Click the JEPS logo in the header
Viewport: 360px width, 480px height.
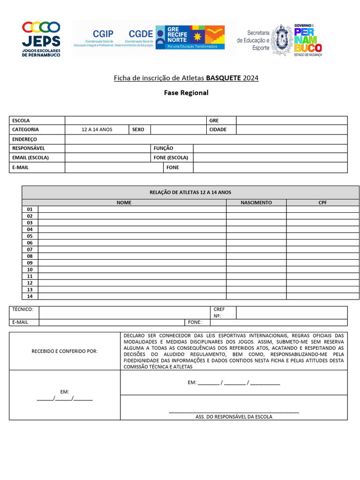[x=42, y=38]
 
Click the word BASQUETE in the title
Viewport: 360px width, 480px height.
[x=223, y=78]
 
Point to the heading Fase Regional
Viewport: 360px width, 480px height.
[x=186, y=93]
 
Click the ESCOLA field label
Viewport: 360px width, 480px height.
[x=21, y=120]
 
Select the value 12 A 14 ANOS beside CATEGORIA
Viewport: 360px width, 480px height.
[x=97, y=129]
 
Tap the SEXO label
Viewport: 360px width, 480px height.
[x=138, y=129]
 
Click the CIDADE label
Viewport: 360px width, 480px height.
[x=218, y=129]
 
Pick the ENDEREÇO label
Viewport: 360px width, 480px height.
[x=24, y=139]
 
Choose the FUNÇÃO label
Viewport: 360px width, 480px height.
[x=163, y=148]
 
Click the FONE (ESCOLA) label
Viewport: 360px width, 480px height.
[x=171, y=157]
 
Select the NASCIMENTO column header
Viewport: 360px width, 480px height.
[x=256, y=202]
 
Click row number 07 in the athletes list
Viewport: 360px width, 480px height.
[x=30, y=249]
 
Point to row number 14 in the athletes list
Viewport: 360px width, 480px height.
[x=30, y=296]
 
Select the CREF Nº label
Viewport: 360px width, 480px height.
[x=219, y=313]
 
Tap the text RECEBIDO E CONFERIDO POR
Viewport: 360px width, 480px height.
[x=65, y=351]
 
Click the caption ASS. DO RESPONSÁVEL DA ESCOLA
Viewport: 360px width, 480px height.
[x=233, y=416]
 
